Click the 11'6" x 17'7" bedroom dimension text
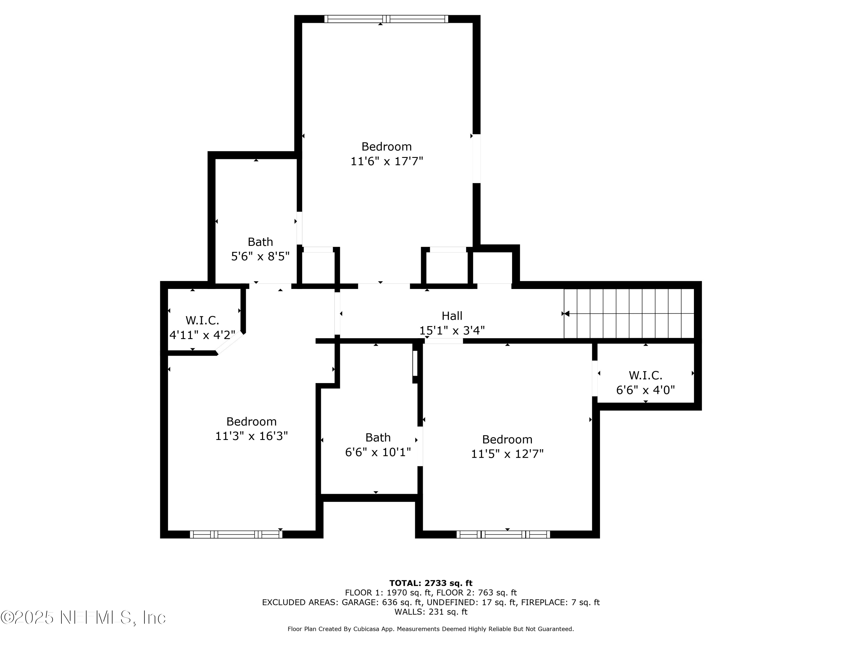(386, 161)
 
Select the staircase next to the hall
(629, 313)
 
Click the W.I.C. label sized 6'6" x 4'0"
(645, 375)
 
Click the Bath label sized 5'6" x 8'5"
(260, 242)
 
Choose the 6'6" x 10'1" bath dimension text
(378, 452)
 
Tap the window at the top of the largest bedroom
(386, 19)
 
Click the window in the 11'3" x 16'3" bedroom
(236, 534)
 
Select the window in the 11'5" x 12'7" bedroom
(503, 534)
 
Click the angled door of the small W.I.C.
(230, 343)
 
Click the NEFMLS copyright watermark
(83, 617)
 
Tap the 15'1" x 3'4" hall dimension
(452, 330)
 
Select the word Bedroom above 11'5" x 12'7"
(507, 439)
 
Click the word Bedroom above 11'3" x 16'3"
(251, 421)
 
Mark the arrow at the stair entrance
(565, 313)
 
